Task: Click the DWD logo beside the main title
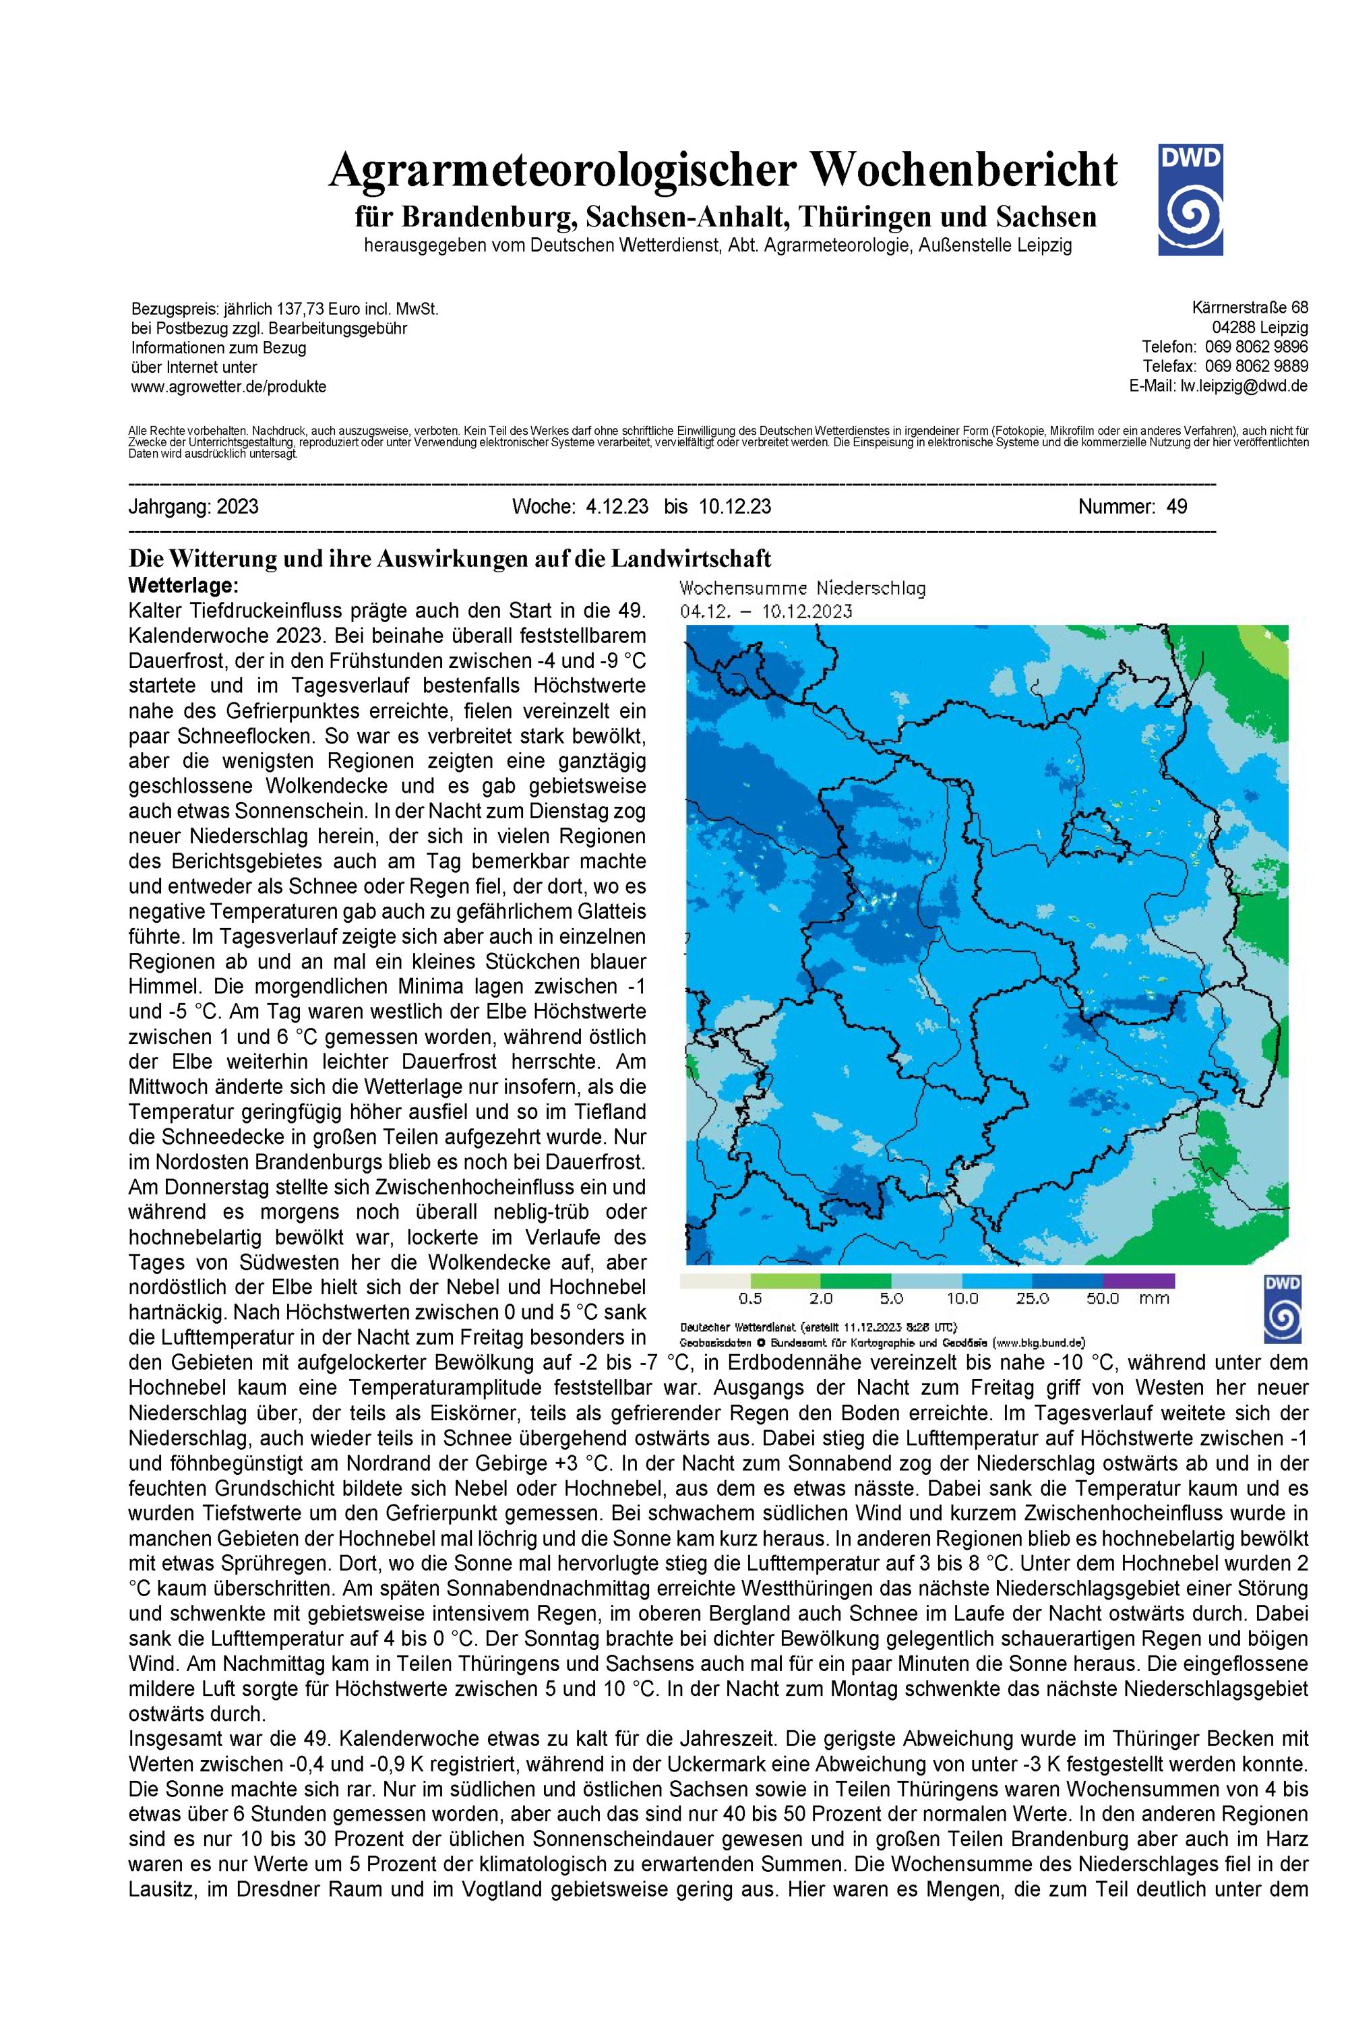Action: [1189, 200]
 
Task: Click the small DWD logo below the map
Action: [1282, 1308]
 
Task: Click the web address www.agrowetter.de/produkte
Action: [228, 387]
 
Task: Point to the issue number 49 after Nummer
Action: [1177, 506]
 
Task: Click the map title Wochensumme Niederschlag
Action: [802, 589]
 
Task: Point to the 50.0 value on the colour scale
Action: [1102, 1299]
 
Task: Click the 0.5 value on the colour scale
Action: [751, 1299]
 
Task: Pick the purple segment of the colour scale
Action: [1138, 1281]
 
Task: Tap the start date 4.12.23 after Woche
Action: [617, 506]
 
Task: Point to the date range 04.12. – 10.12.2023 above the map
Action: [766, 611]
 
